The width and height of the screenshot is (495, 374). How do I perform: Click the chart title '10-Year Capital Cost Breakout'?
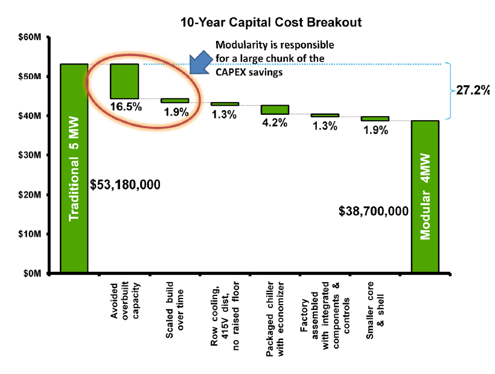tap(271, 23)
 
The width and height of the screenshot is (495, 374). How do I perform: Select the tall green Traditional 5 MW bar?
tap(74, 169)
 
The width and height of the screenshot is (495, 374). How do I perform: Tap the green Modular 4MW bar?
tap(425, 197)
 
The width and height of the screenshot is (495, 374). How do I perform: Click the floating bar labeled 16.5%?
tap(124, 81)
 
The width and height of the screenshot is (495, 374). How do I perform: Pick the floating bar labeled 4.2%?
tap(275, 109)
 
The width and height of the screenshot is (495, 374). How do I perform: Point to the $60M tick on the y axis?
tap(29, 37)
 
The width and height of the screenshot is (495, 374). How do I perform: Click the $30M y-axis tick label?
tap(29, 155)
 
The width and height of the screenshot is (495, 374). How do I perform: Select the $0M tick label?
tap(31, 273)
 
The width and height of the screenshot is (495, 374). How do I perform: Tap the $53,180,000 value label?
tap(125, 184)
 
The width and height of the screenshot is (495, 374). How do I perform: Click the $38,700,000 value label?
tap(374, 211)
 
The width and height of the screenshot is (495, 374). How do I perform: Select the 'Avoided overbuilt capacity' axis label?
tap(125, 302)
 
